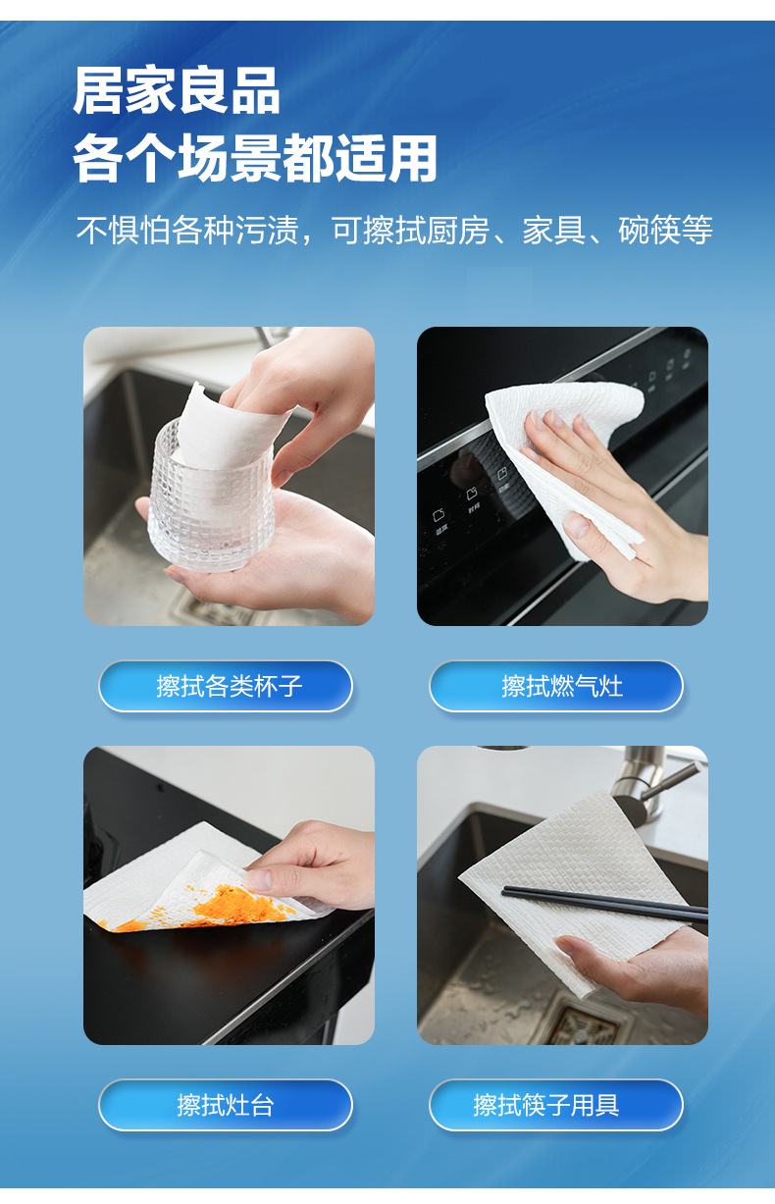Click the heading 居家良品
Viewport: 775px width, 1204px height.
(177, 89)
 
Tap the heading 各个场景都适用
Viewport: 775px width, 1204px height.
(255, 159)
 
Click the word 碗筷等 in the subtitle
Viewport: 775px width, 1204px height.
(665, 230)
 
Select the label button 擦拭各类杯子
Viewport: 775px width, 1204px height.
(226, 686)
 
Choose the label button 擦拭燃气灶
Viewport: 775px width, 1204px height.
(556, 686)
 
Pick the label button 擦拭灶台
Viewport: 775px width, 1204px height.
(226, 1105)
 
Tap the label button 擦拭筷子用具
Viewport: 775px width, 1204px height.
(556, 1105)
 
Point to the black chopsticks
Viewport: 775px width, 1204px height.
(604, 904)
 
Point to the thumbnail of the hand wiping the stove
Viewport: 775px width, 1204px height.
(562, 476)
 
